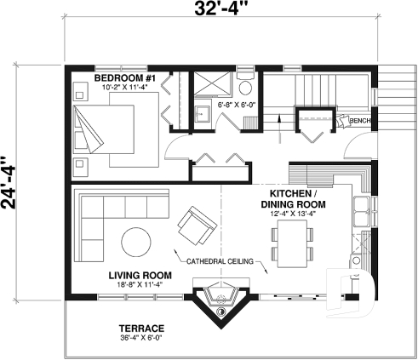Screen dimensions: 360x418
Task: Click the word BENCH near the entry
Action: [358, 121]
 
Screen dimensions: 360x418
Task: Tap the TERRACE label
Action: [141, 329]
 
